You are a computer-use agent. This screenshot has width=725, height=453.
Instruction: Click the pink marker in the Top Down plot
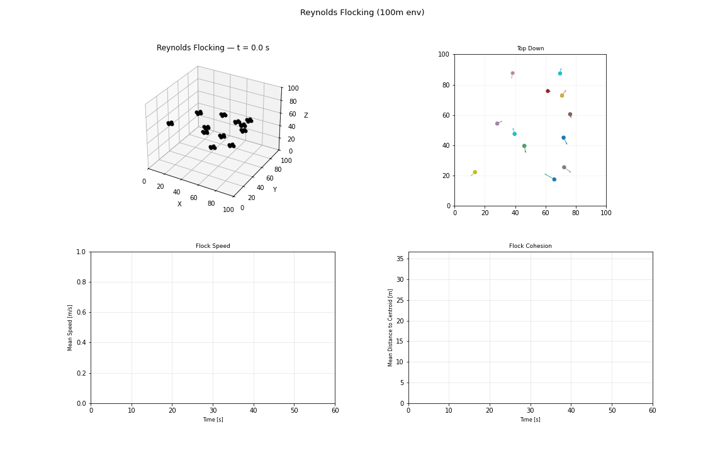512,73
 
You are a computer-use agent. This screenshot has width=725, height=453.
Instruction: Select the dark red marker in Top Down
548,91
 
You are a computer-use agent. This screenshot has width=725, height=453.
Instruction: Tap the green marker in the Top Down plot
524,146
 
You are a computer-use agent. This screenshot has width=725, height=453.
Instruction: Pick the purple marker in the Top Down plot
497,123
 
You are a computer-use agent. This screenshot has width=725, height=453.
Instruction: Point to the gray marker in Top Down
564,167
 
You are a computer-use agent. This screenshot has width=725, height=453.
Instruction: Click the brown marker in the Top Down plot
570,115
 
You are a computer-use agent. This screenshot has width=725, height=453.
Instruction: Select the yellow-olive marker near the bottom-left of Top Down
475,172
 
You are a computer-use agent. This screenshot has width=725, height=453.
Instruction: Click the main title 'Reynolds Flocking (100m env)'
362,13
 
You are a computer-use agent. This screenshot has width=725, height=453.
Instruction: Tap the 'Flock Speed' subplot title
213,246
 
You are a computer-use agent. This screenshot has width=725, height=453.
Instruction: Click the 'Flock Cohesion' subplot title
530,246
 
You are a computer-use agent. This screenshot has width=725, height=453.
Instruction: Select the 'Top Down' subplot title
530,48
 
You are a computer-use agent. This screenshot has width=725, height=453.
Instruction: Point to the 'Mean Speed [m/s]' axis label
70,327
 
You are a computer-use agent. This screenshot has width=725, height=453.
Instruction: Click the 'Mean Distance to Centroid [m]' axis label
391,327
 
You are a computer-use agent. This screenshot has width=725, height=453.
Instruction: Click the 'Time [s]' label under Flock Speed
213,420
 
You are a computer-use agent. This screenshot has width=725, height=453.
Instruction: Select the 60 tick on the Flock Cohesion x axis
652,411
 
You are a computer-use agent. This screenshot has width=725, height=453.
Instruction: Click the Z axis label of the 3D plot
306,115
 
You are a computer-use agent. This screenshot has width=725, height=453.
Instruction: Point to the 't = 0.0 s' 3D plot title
213,48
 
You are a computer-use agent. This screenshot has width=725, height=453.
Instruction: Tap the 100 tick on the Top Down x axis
605,213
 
